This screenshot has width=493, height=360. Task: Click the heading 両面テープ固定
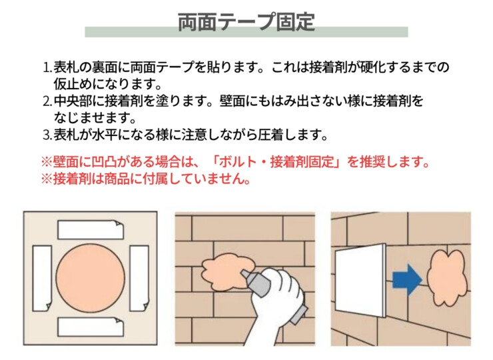point(246,21)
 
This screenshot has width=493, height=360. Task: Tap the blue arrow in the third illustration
point(407,280)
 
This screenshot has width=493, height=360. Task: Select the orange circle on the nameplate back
point(91,279)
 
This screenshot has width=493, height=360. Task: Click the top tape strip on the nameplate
point(91,230)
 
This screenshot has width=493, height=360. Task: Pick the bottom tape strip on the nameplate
point(91,327)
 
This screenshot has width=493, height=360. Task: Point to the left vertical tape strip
point(42,279)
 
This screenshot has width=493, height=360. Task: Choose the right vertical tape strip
point(139,279)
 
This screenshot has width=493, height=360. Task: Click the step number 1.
point(47,67)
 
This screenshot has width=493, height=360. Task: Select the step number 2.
point(47,101)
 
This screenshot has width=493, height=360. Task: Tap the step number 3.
point(47,135)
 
